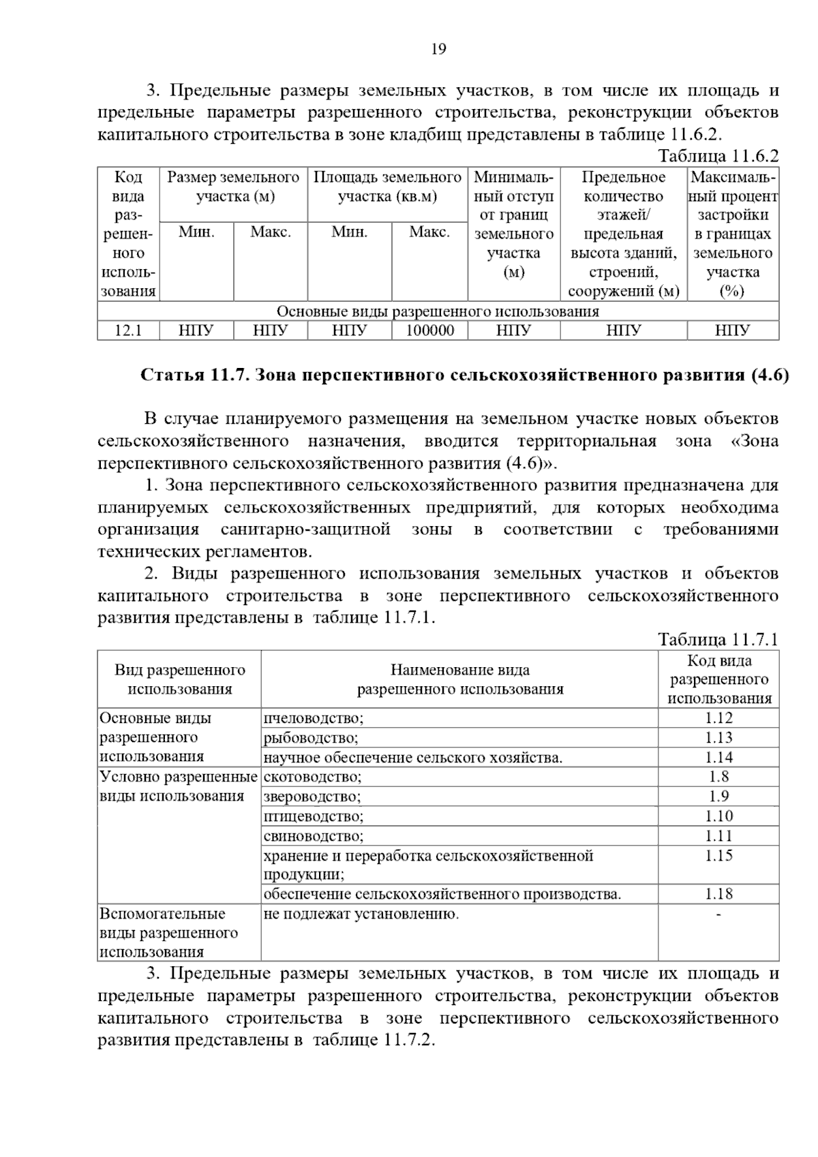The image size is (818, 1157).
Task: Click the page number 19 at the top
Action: [x=438, y=49]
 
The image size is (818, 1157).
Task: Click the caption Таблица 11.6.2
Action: [x=718, y=156]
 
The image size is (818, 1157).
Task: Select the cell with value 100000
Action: [x=429, y=331]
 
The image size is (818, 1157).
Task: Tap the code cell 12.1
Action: [x=128, y=331]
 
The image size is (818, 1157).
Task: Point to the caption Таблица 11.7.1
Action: [x=718, y=640]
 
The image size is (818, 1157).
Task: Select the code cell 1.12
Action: [x=718, y=718]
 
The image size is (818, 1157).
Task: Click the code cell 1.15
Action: [x=718, y=856]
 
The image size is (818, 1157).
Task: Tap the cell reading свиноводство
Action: [x=314, y=836]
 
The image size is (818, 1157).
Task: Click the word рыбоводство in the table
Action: [x=311, y=738]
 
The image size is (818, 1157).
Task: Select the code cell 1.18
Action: [x=718, y=894]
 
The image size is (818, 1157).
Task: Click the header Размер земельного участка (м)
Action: [x=233, y=187]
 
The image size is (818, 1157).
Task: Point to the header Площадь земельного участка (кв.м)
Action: [x=387, y=187]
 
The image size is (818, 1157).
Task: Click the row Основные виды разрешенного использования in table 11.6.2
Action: [x=438, y=312]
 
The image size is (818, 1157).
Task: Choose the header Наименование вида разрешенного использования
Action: [x=460, y=679]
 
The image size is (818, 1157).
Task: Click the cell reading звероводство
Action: [x=312, y=797]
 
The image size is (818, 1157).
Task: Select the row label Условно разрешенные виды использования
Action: [x=178, y=786]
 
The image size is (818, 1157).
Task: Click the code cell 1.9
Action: [x=718, y=797]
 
